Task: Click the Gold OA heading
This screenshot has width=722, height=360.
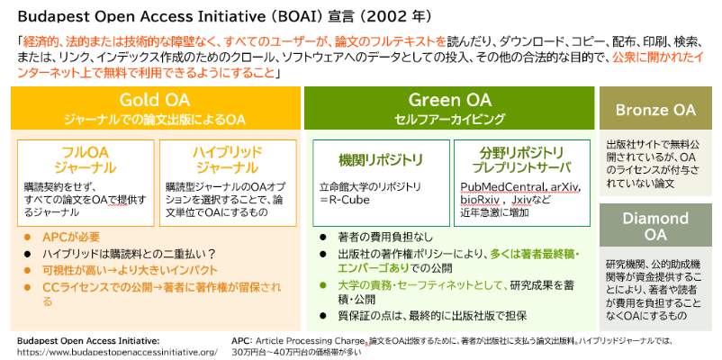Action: [154, 100]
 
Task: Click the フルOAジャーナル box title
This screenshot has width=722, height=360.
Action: [84, 159]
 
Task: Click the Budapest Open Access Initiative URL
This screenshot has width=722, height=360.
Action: [117, 351]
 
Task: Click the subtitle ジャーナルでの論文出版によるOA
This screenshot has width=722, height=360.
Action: [154, 119]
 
